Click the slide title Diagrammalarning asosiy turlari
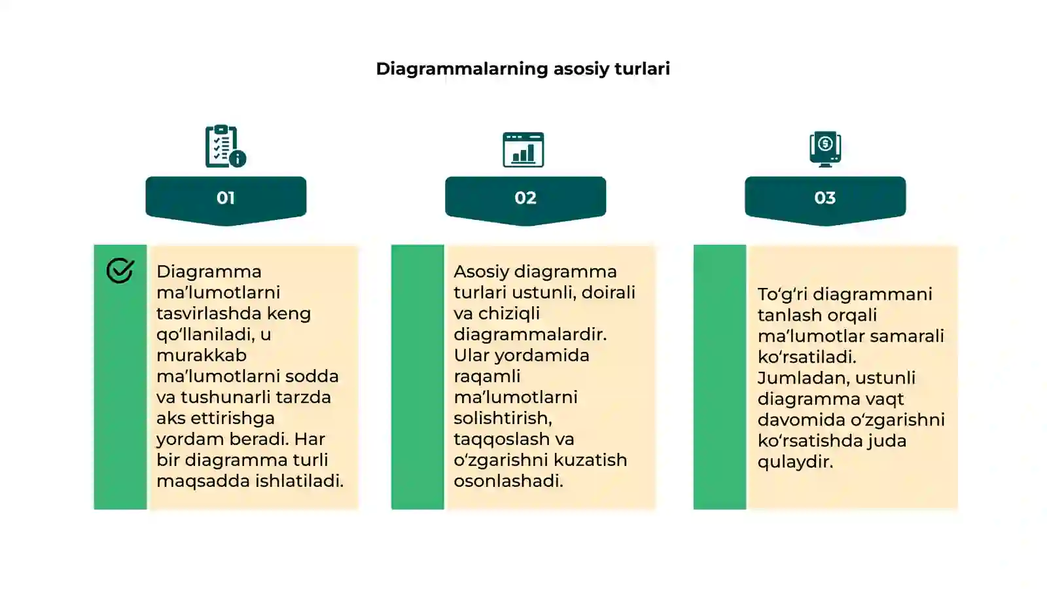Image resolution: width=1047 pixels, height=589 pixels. [523, 69]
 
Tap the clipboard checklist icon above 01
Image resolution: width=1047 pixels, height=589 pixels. [225, 146]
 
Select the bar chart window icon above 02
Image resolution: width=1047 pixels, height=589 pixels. [523, 150]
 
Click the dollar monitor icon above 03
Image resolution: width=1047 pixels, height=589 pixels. [825, 149]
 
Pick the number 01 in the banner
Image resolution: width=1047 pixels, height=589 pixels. [225, 198]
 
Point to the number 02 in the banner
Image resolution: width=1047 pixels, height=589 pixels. [525, 198]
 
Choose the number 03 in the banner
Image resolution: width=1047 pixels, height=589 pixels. [825, 198]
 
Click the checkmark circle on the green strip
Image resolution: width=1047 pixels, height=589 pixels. [120, 270]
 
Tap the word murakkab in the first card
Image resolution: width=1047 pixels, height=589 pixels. [202, 355]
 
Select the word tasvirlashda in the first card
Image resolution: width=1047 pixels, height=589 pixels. [209, 313]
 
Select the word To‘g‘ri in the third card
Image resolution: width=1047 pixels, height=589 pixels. [782, 294]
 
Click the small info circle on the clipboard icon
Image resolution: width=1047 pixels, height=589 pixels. [238, 159]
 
